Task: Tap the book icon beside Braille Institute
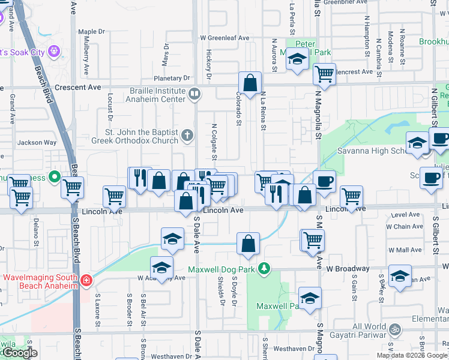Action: (x=194, y=94)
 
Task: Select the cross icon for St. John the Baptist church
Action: (x=187, y=135)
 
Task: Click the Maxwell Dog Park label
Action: (x=222, y=269)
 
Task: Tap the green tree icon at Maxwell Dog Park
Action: (x=263, y=268)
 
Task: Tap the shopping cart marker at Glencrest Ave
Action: (x=324, y=74)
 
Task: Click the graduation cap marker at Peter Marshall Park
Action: (x=297, y=59)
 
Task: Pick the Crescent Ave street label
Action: (x=77, y=87)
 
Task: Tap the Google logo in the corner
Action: (x=19, y=353)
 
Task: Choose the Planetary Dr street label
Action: (x=171, y=78)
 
